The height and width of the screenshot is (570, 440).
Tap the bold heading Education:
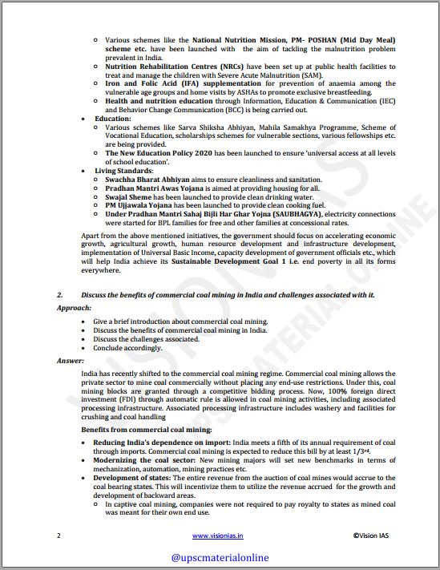coord(112,118)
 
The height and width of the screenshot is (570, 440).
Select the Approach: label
coord(74,307)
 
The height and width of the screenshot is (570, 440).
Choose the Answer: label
coord(71,361)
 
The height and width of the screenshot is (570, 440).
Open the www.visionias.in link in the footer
coord(219,535)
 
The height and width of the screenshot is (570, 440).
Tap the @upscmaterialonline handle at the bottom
coord(220,556)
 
